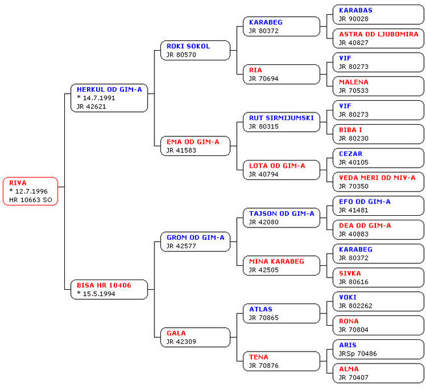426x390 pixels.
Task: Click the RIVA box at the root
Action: point(30,191)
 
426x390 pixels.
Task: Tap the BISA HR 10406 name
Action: point(104,285)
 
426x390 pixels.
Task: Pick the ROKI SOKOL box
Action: point(195,50)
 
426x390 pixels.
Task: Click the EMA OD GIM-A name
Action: point(193,141)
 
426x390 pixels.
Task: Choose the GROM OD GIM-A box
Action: point(195,242)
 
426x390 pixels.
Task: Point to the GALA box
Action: point(195,337)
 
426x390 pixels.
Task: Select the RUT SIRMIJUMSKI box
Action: point(281,122)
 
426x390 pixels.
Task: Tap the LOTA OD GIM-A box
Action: point(281,170)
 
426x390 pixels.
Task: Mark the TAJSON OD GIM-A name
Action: point(281,213)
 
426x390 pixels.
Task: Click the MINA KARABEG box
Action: point(281,265)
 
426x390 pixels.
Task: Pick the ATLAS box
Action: point(281,313)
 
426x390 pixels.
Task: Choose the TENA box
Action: point(281,361)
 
